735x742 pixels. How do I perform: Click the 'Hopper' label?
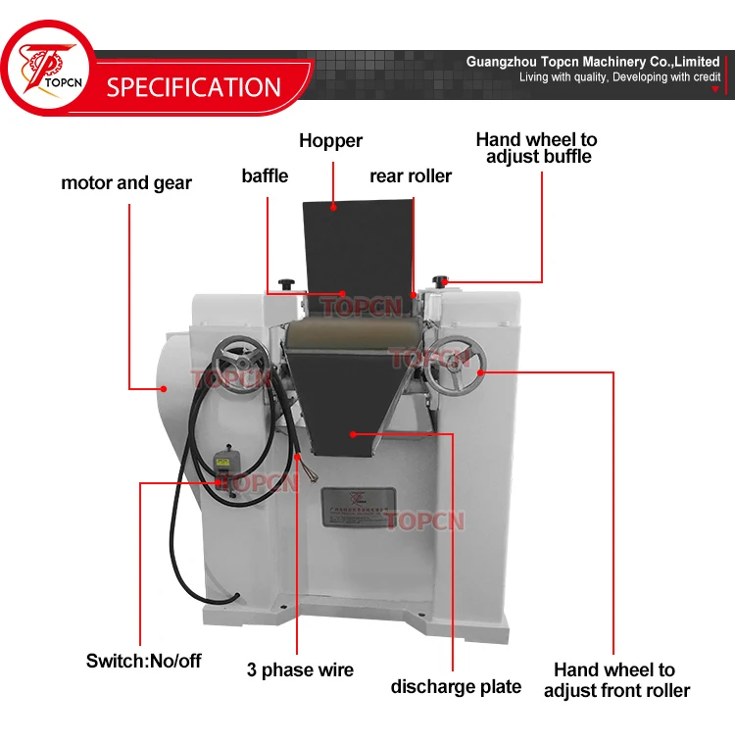(330, 141)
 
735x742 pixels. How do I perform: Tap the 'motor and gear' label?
(126, 182)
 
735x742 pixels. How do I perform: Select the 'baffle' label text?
(265, 175)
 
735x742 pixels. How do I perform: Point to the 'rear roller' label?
(411, 176)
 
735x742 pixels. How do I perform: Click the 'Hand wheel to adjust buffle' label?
(536, 148)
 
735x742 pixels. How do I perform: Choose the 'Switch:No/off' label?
(143, 661)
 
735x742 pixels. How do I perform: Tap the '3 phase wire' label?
(300, 670)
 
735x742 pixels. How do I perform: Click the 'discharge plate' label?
(456, 686)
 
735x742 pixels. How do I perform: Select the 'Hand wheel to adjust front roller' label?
(615, 680)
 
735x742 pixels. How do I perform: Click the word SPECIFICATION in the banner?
(193, 86)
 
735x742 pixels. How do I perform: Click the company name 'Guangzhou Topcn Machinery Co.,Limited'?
(593, 62)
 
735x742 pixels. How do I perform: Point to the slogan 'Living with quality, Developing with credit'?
(619, 77)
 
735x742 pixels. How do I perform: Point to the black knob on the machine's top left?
(287, 283)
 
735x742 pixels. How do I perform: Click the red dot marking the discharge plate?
(353, 431)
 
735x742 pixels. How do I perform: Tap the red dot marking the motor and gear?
(165, 388)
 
